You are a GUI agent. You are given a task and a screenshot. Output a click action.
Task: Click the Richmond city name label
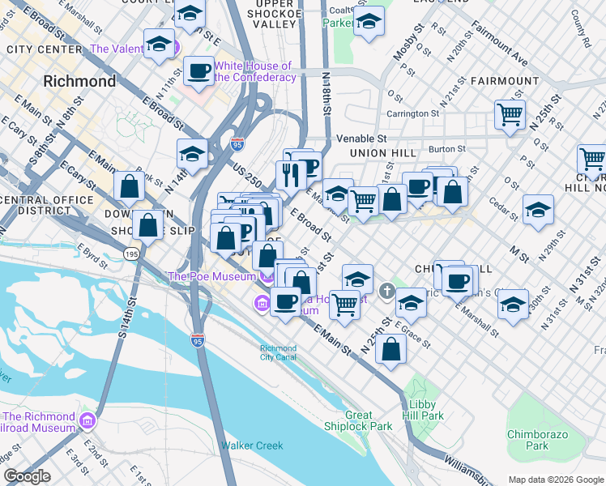coord(79,81)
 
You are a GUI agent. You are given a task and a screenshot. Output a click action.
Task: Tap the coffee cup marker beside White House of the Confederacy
coord(198,71)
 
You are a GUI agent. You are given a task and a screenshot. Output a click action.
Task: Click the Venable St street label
coord(367,139)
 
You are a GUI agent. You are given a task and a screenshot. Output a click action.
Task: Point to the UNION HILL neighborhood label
coord(382,153)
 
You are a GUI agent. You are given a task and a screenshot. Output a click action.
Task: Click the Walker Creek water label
coord(252,446)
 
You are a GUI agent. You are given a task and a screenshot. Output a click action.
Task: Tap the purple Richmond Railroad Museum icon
coord(87,422)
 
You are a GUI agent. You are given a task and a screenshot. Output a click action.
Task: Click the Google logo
coord(27,476)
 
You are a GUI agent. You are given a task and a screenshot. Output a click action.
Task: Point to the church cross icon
coord(388,290)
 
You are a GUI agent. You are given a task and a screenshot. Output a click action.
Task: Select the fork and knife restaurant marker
coord(290,173)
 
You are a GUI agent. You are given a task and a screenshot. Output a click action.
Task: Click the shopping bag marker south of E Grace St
coord(391,349)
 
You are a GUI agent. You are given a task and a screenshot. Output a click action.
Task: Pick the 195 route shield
coord(130,254)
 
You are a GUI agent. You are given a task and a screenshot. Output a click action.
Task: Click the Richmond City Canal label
coord(278,353)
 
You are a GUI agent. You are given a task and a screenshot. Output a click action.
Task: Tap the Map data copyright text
coord(556,480)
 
